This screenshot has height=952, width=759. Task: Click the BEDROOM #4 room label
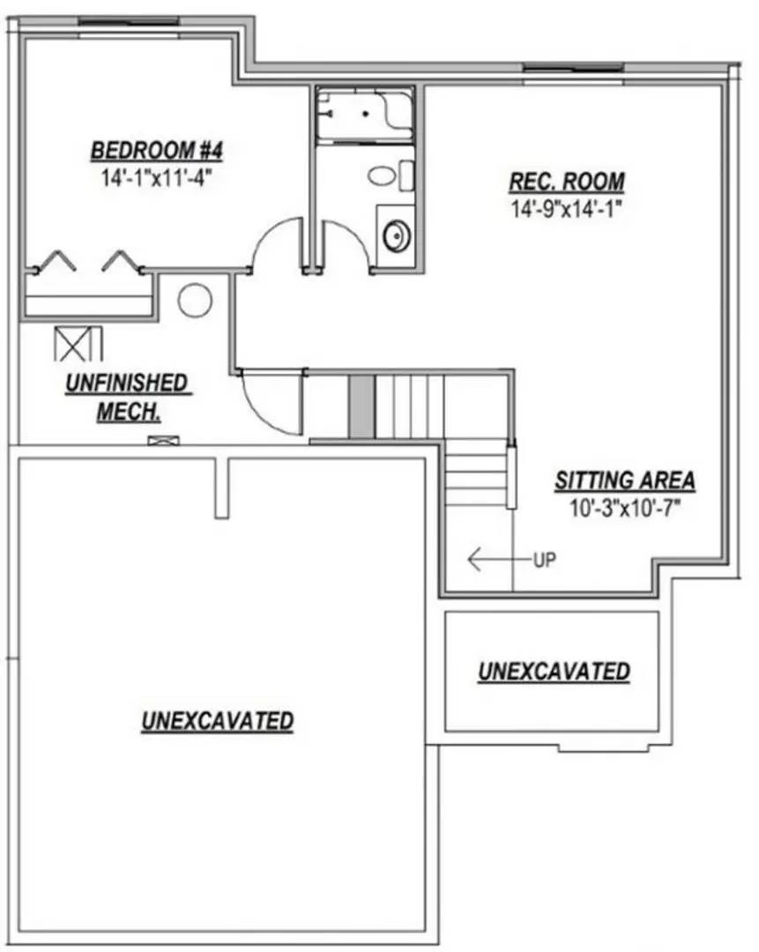pos(157,150)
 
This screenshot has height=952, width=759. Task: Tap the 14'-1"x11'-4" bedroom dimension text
pos(157,175)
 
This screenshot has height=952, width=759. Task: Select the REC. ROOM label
pos(567,182)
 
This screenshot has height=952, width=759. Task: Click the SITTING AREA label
pos(624,481)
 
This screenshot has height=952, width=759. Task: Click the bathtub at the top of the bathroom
pos(364,115)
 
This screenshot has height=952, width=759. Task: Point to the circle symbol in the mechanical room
pos(195,300)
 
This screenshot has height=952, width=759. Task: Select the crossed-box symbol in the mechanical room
pos(78,344)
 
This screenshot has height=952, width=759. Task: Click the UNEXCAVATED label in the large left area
pos(217,721)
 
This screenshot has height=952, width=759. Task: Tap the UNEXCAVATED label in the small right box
pos(554,672)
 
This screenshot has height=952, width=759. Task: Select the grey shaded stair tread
pos(360,406)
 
